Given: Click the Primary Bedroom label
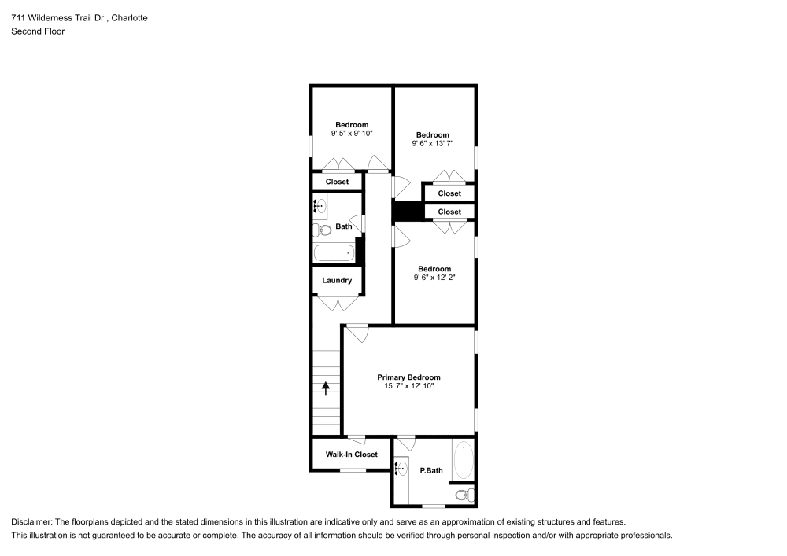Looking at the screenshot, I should [x=408, y=377].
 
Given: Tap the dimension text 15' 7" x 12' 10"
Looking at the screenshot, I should [x=408, y=386].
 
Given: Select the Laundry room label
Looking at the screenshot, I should [x=336, y=280].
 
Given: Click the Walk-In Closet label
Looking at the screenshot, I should [x=352, y=455].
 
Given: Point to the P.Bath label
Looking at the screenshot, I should [x=431, y=471].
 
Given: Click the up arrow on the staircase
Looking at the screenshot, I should [x=326, y=388].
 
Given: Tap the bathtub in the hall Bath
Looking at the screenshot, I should [x=334, y=253].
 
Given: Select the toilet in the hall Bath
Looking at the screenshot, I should [x=321, y=230].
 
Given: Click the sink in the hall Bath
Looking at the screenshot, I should [x=320, y=208].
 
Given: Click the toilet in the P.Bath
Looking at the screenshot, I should [x=465, y=495].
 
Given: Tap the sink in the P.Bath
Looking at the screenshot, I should [x=401, y=469].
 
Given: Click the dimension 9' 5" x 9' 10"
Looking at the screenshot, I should [x=352, y=134].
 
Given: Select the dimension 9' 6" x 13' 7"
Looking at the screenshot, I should [x=433, y=143].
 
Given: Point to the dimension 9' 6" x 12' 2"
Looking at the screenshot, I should [x=434, y=277].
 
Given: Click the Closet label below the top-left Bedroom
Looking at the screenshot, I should [x=337, y=182].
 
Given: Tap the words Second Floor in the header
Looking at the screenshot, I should [x=38, y=31].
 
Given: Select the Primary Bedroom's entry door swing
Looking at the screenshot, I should [x=358, y=333].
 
